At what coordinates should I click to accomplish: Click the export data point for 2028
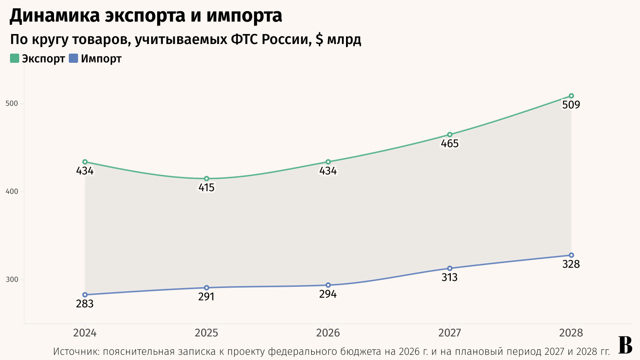pos(571,96)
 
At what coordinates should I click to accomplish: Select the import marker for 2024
pos(85,295)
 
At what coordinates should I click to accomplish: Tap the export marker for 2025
pos(206,179)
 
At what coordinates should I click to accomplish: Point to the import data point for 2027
pos(450,268)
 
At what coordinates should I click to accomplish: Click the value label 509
pos(571,105)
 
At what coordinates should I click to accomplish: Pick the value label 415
pos(206,188)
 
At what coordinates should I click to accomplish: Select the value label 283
pos(85,304)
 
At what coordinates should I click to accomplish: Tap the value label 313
pos(450,278)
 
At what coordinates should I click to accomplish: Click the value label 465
pos(450,144)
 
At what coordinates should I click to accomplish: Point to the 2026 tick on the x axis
pos(328,333)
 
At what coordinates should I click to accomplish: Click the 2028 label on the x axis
pos(571,333)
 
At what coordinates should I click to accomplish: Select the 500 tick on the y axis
pos(12,104)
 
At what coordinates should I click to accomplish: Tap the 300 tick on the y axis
pos(12,280)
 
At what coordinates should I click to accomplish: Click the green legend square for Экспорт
pos(14,58)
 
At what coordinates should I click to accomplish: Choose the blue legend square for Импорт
pos(73,58)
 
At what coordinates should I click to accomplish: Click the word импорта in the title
pos(244,16)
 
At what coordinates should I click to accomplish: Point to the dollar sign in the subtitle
pos(319,40)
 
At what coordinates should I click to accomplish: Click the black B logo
pos(625,345)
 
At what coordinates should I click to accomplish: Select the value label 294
pos(328,294)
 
